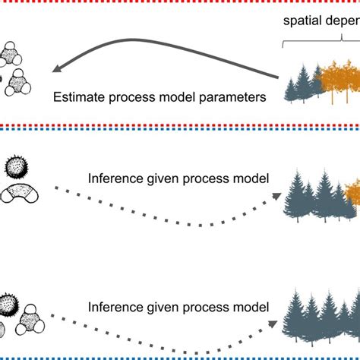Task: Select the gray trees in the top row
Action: [x=302, y=87]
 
